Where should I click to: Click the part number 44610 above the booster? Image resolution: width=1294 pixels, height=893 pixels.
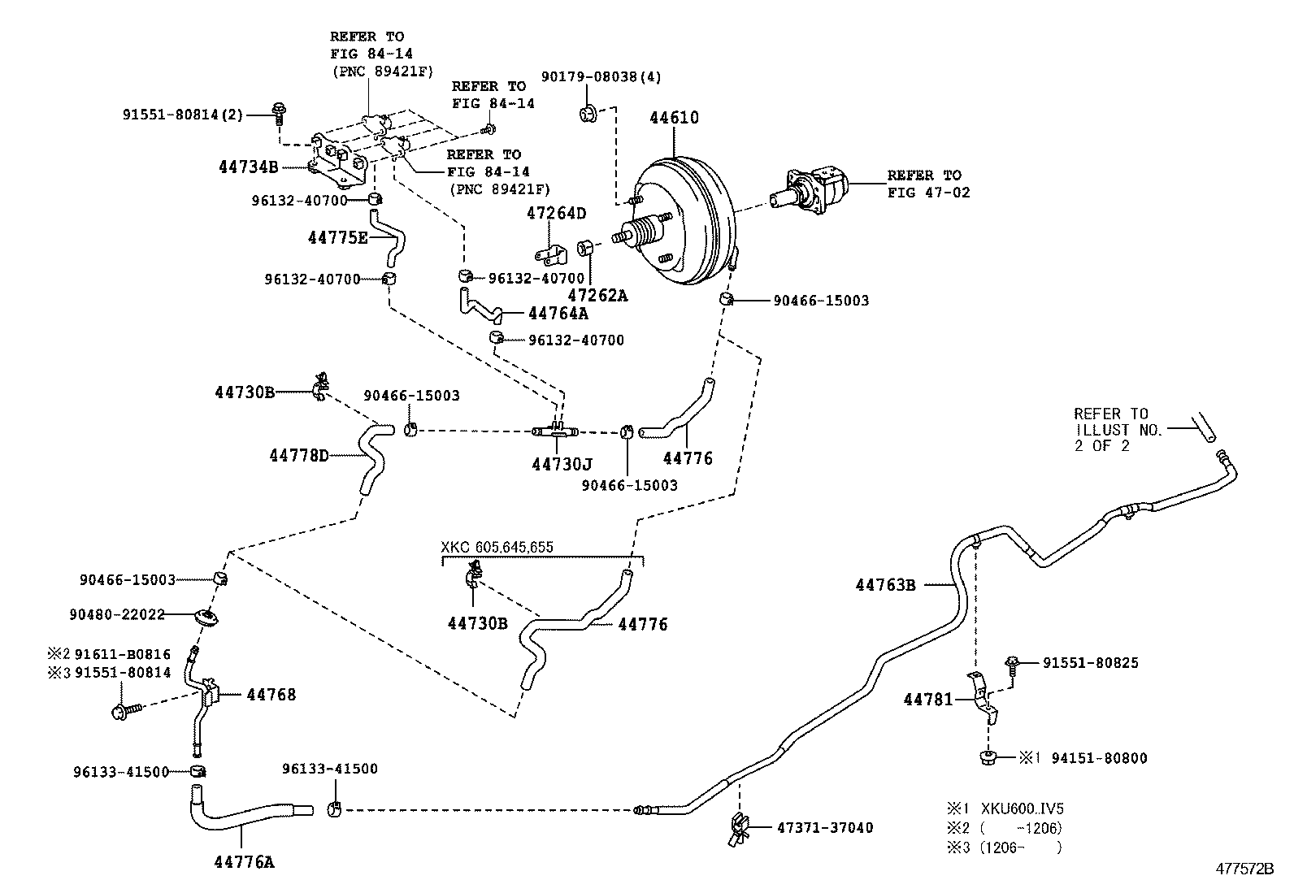click(674, 118)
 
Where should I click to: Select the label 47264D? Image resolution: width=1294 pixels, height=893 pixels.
click(556, 214)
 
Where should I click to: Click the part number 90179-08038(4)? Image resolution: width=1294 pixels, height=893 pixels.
click(601, 77)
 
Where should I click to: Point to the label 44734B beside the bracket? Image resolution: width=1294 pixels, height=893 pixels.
click(249, 167)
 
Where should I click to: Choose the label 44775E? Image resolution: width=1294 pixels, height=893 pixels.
click(337, 237)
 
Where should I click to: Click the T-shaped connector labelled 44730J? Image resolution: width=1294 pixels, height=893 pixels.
click(556, 429)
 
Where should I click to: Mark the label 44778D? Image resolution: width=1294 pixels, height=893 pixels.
click(298, 456)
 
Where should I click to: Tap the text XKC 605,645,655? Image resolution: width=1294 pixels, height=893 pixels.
click(497, 547)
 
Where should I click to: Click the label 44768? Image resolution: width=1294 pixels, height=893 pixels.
click(271, 695)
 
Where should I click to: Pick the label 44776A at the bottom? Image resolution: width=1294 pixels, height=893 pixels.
click(244, 863)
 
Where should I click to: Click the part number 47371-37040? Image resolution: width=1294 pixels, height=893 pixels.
click(825, 828)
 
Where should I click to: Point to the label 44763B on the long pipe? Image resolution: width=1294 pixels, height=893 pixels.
click(885, 584)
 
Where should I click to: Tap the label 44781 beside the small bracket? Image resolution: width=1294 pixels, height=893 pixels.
click(928, 699)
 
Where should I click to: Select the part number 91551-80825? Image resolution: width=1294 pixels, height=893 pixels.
click(1090, 663)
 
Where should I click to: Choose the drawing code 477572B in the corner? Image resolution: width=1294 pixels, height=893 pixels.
click(1244, 869)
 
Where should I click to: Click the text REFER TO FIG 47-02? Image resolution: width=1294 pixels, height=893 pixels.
click(928, 184)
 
